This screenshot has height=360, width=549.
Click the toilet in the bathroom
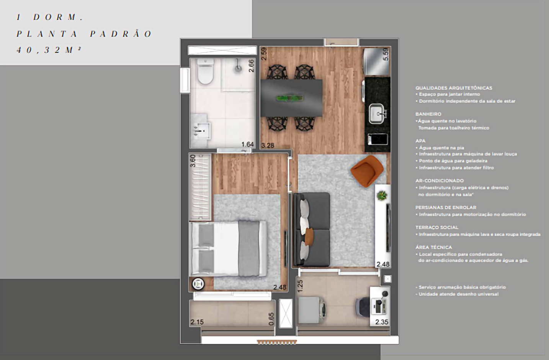pyautogui.click(x=205, y=72)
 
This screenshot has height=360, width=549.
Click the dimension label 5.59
pyautogui.click(x=386, y=54)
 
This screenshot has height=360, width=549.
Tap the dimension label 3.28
pyautogui.click(x=268, y=146)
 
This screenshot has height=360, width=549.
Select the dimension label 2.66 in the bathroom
pyautogui.click(x=251, y=66)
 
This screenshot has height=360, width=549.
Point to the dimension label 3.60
pyautogui.click(x=193, y=160)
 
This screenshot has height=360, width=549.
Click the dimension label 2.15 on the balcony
pyautogui.click(x=197, y=322)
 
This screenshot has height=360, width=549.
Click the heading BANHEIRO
pyautogui.click(x=428, y=114)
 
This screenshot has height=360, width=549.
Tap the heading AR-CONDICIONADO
pyautogui.click(x=440, y=181)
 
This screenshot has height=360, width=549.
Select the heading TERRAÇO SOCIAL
pyautogui.click(x=437, y=227)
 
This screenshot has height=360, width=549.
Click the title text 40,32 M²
pyautogui.click(x=49, y=50)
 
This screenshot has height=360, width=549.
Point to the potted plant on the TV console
pyautogui.click(x=381, y=196)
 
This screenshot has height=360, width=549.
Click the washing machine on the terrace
pyautogui.click(x=312, y=309)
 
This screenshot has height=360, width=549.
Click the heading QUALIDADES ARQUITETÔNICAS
pyautogui.click(x=454, y=88)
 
